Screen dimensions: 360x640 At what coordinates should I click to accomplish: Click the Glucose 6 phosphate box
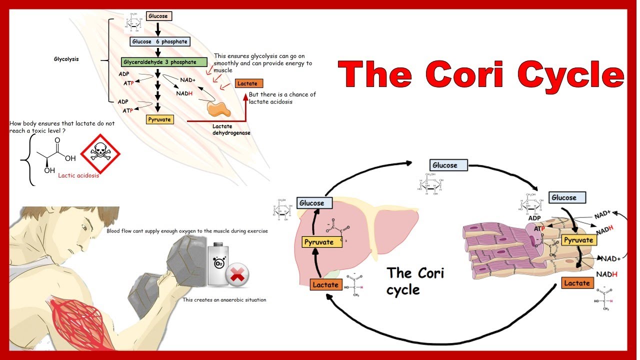pyautogui.click(x=160, y=41)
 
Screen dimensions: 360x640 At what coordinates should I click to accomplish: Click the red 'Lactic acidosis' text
pyautogui.click(x=78, y=175)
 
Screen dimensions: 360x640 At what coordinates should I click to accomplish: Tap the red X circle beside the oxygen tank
pyautogui.click(x=237, y=274)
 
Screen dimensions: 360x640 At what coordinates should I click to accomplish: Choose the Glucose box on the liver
pyautogui.click(x=311, y=203)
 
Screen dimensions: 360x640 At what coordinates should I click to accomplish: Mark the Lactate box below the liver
pyautogui.click(x=325, y=284)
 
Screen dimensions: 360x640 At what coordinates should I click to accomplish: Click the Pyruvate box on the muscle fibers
pyautogui.click(x=578, y=240)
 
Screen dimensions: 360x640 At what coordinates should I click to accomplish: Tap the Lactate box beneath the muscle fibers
pyautogui.click(x=576, y=283)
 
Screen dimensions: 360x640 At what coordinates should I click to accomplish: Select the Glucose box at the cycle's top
pyautogui.click(x=448, y=165)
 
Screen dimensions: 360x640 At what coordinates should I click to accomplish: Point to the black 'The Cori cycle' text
pyautogui.click(x=414, y=280)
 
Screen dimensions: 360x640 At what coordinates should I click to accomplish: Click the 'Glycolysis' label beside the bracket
pyautogui.click(x=66, y=59)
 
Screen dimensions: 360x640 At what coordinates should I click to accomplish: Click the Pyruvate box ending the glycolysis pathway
pyautogui.click(x=159, y=119)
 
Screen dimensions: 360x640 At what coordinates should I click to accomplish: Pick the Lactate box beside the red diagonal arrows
pyautogui.click(x=248, y=83)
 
